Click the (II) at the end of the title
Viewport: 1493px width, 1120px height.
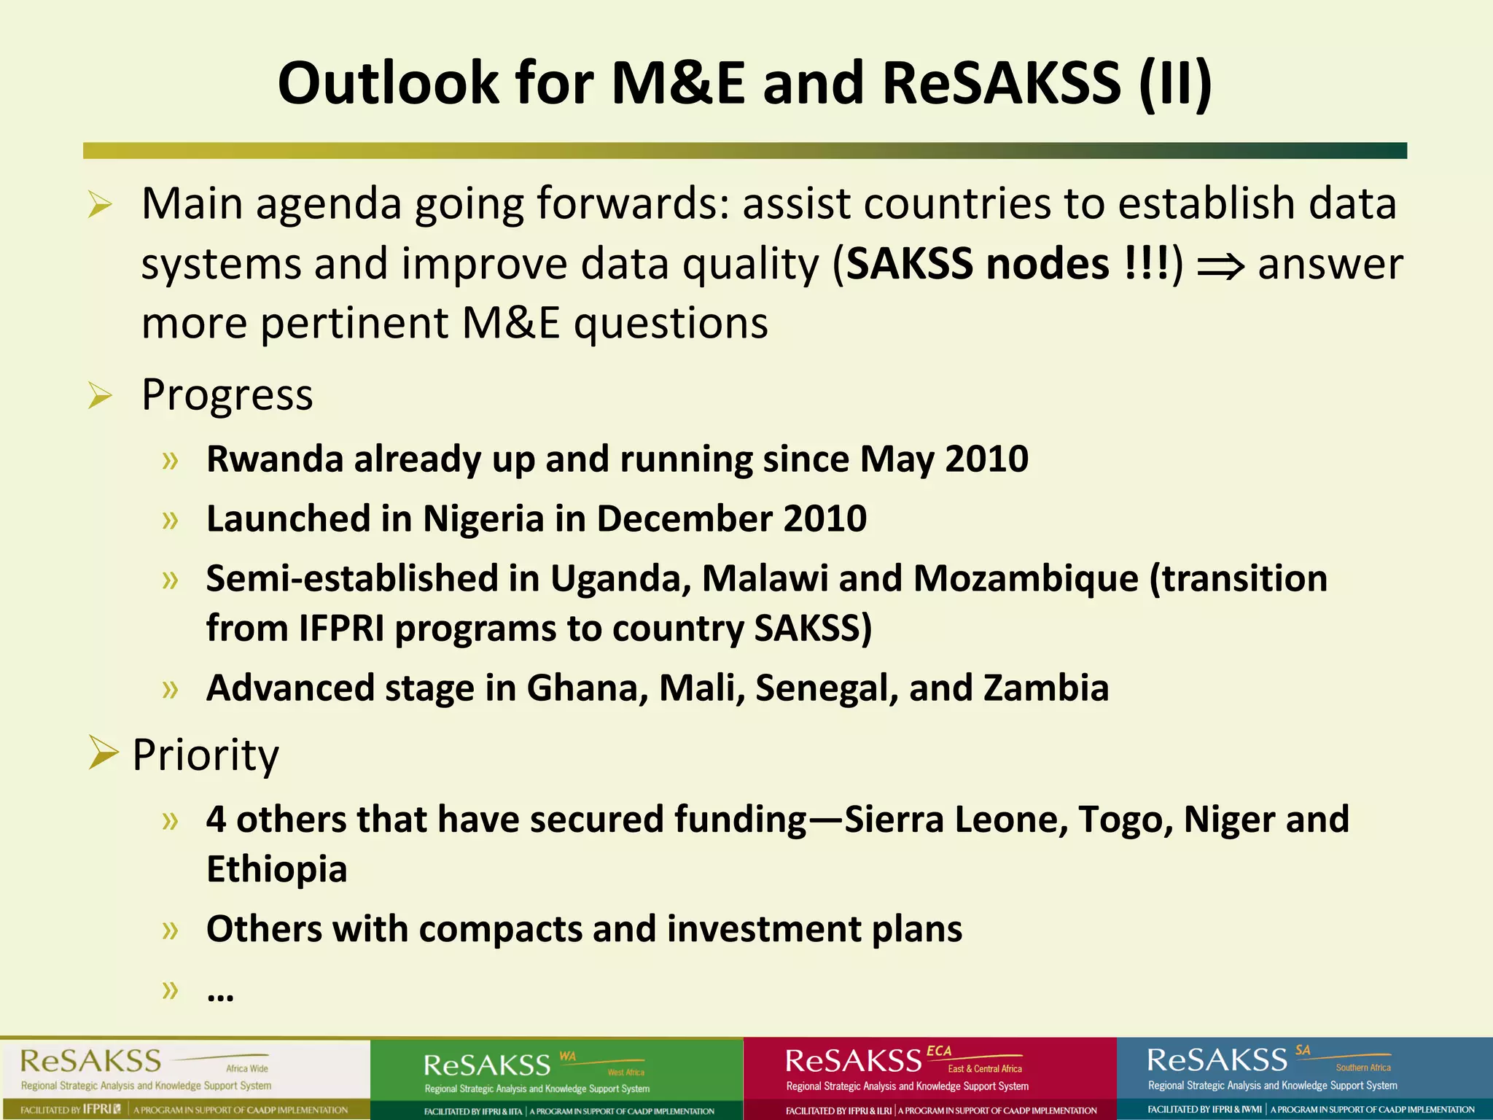coord(1175,83)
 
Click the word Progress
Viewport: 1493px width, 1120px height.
coord(227,395)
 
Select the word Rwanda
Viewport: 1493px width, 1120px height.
coord(275,459)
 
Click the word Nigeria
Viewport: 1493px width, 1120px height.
coord(483,519)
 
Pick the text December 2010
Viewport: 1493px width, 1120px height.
coord(731,519)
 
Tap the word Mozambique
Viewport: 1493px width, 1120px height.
coord(1026,579)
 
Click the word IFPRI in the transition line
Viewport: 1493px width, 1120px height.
coord(341,629)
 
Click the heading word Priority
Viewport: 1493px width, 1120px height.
coord(206,755)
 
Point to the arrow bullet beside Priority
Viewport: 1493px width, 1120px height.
coord(103,752)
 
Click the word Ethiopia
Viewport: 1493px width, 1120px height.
coord(276,869)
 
